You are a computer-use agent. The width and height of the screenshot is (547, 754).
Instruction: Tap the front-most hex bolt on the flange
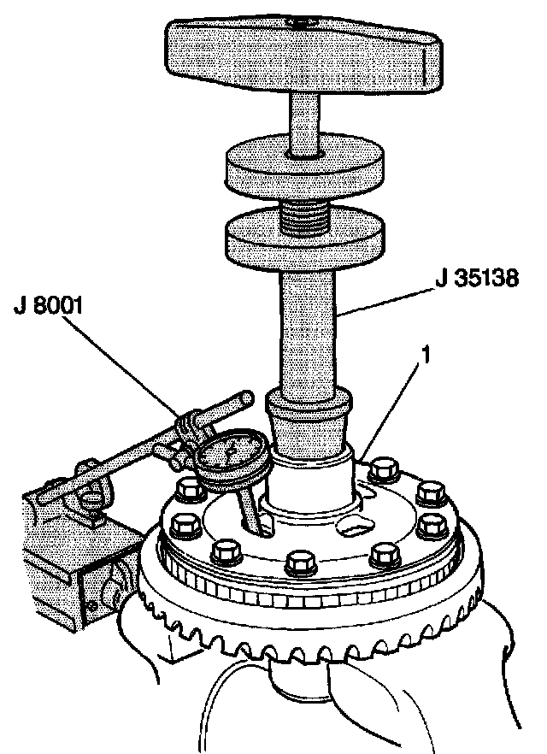(x=299, y=563)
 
